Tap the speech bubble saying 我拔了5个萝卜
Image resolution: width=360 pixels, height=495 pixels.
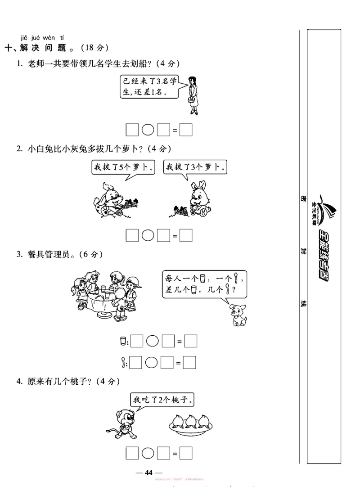point(122,167)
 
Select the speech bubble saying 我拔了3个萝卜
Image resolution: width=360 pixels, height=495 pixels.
point(194,167)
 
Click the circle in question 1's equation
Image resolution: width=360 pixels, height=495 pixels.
point(148,130)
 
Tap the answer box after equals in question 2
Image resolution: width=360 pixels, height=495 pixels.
point(186,235)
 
